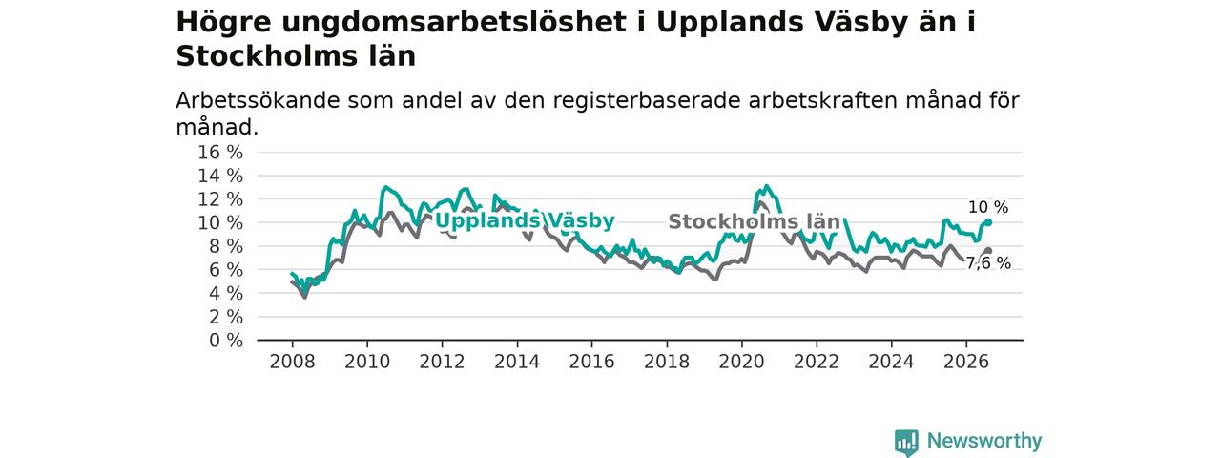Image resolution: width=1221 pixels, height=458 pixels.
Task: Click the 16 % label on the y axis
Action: point(220,153)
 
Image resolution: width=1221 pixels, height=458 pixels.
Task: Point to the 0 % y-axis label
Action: point(226,341)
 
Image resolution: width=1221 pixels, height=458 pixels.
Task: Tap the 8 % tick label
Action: point(226,246)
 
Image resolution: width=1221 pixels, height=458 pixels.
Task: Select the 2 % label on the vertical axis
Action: point(226,318)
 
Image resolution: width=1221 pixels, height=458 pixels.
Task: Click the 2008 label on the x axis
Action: point(292,362)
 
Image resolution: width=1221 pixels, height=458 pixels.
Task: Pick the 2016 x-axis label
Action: point(592,362)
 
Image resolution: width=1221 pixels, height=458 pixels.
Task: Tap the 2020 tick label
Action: point(741,362)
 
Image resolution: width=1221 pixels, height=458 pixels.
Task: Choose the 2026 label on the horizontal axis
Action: point(966,362)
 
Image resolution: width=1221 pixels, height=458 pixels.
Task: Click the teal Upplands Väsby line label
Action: point(525,220)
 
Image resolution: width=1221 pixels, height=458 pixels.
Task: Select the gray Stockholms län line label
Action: point(754,222)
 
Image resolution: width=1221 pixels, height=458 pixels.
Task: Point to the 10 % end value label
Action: point(988,207)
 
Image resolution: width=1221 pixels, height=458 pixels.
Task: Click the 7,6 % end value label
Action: point(988,263)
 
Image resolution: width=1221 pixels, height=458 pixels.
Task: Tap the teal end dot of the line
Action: point(988,222)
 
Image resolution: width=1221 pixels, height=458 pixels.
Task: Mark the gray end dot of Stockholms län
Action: point(988,251)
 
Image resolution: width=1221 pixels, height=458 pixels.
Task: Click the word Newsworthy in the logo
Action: point(984,441)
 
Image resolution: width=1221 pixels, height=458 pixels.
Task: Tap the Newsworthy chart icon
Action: point(906,442)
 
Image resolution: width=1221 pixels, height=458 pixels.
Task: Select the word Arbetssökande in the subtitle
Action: point(258,100)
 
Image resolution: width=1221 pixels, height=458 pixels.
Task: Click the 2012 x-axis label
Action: point(442,362)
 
